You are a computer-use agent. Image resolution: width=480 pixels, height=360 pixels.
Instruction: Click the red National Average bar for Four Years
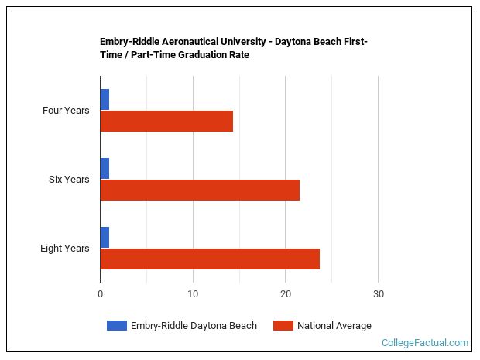166,121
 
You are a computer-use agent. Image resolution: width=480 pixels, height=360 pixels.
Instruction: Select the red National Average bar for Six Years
200,190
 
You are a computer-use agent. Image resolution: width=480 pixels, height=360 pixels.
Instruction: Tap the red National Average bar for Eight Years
210,259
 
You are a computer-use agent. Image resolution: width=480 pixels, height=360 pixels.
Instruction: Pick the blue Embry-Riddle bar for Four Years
105,100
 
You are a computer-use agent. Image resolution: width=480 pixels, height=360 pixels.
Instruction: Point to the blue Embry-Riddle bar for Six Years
105,169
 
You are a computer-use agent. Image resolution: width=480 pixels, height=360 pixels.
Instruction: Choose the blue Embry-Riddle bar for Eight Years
105,238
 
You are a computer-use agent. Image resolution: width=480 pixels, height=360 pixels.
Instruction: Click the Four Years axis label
66,111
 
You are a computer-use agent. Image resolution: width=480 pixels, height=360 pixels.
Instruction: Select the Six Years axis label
69,180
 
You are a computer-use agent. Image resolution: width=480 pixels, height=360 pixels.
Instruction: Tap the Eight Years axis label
65,249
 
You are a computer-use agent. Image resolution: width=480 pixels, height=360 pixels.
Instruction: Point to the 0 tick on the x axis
100,294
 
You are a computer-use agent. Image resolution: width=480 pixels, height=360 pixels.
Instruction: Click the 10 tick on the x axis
193,294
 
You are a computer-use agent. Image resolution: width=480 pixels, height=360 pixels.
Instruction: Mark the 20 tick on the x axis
285,294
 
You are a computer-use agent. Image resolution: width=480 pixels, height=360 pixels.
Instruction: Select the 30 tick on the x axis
378,294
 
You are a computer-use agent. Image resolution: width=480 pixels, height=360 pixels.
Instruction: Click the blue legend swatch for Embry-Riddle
116,326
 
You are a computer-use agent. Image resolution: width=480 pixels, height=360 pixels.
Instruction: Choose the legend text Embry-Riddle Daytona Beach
194,326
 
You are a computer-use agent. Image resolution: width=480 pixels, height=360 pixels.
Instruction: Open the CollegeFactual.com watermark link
425,342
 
